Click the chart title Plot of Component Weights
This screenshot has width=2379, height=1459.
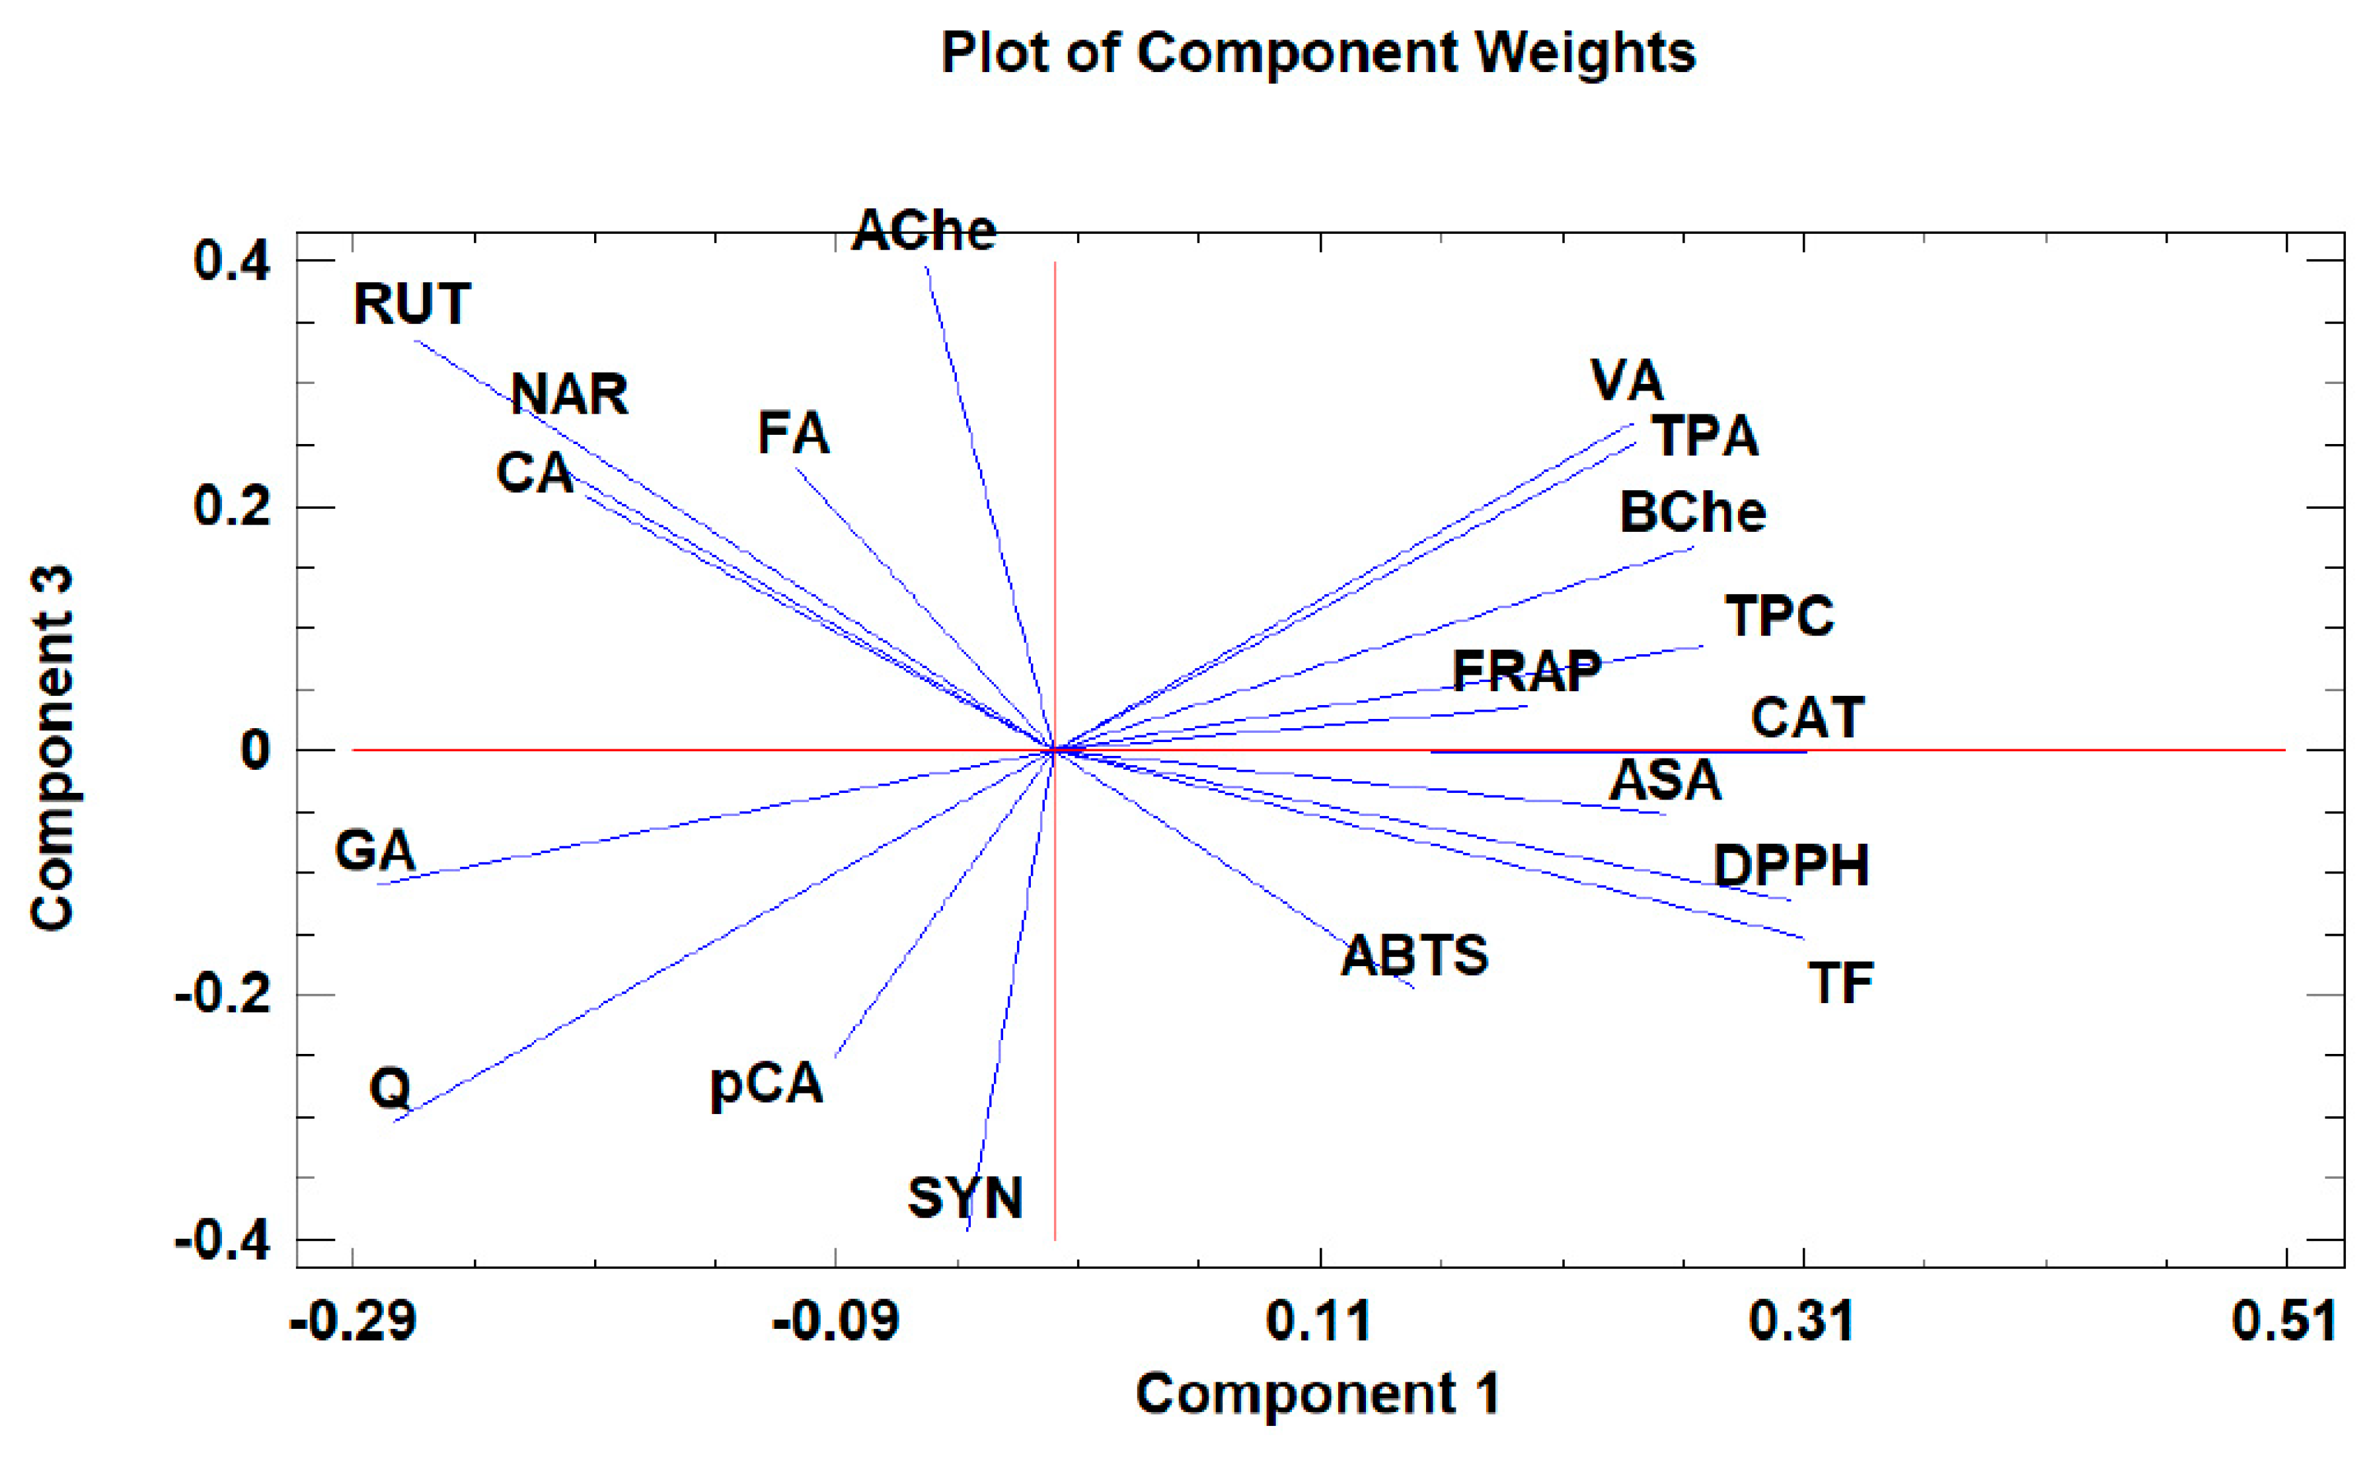(x=1318, y=52)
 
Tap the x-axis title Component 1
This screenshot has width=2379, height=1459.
(x=1318, y=1394)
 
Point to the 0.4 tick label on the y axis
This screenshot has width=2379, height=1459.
(x=232, y=261)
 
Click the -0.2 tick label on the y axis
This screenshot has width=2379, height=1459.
(x=222, y=994)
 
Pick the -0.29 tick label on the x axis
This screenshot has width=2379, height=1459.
(x=354, y=1321)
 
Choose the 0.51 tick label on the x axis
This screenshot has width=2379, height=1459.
(x=2285, y=1321)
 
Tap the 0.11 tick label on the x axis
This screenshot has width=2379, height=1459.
(x=1319, y=1321)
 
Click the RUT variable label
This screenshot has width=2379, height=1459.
(x=412, y=303)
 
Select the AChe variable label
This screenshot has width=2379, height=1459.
(x=924, y=230)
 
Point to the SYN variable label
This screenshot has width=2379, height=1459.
(x=965, y=1198)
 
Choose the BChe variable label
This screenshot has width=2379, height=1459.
(x=1692, y=511)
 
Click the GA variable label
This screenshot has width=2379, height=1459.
(x=375, y=850)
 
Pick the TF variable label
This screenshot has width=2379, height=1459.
(x=1841, y=983)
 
